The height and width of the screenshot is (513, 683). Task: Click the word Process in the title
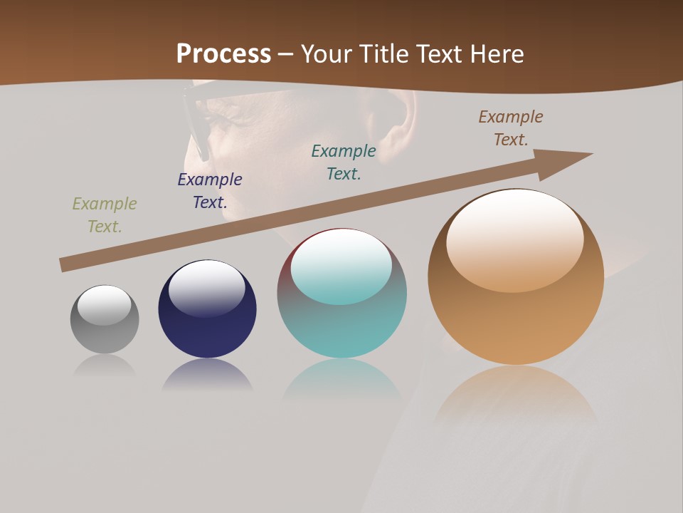[223, 54]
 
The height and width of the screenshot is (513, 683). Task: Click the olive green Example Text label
[105, 215]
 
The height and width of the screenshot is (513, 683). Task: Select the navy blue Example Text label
[210, 191]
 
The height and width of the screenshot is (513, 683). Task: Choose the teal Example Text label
[344, 162]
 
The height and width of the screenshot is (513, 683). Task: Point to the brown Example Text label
[511, 128]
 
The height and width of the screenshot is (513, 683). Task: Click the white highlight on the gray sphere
[104, 304]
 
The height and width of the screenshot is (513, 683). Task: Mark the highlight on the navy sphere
[206, 287]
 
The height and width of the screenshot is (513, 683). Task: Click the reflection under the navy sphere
[207, 375]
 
